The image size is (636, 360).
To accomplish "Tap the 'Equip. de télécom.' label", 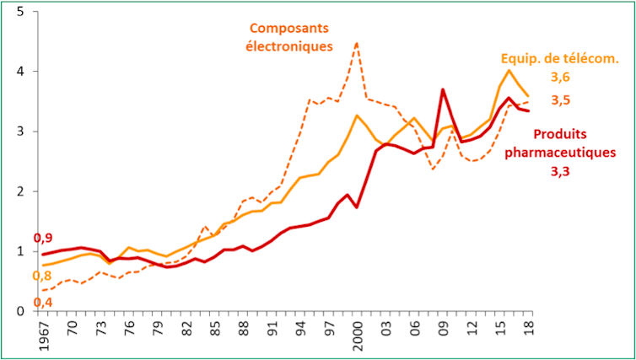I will [x=560, y=59].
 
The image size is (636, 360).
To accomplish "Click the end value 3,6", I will [x=561, y=78].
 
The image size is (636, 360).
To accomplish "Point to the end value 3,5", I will [x=561, y=100].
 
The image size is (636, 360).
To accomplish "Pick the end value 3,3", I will [x=561, y=171].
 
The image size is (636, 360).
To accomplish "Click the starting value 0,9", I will [x=43, y=239].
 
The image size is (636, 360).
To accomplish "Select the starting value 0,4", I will [x=43, y=302].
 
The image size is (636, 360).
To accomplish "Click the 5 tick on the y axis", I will [x=19, y=12].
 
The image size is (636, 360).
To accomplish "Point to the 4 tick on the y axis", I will [x=19, y=72].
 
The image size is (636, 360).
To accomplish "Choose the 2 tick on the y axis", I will [x=19, y=191].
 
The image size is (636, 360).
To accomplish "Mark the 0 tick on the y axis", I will [x=19, y=311].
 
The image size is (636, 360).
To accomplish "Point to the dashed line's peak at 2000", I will [x=357, y=42].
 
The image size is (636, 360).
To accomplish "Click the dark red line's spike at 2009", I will [x=442, y=89].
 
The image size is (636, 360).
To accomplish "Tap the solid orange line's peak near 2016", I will [x=509, y=70].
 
